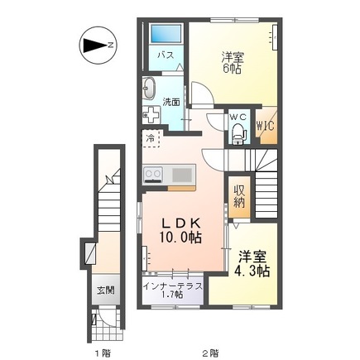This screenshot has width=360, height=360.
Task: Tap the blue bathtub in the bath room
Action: (166, 33)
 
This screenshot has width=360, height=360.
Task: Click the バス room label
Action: (166, 55)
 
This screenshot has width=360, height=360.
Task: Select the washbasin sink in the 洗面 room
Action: (149, 88)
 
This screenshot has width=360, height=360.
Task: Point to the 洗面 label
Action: (171, 102)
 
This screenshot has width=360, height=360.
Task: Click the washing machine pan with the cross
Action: (151, 114)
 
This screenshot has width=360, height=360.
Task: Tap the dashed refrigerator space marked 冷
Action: (151, 138)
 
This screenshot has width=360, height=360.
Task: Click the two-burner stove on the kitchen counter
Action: (153, 175)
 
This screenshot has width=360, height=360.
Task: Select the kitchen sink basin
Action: (182, 175)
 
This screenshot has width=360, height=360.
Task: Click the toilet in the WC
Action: (238, 133)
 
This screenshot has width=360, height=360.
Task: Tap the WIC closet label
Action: (266, 126)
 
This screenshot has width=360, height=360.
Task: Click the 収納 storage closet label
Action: (239, 196)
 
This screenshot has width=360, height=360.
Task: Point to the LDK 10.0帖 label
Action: (180, 230)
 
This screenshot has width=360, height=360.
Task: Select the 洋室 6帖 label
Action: (233, 63)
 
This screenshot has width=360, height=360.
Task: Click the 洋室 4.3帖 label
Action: (252, 263)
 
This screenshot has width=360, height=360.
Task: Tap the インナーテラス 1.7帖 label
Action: (173, 290)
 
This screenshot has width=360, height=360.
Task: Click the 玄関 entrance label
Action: (106, 290)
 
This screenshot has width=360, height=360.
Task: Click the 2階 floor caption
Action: (210, 353)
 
